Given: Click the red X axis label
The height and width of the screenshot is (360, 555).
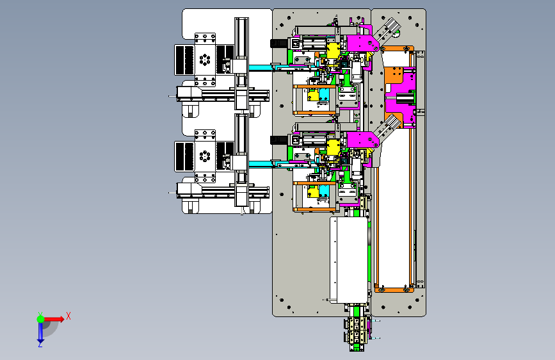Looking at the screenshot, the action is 68,316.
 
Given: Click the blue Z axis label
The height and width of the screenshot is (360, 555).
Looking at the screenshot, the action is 40,344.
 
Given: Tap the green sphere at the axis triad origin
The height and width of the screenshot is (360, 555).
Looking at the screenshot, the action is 41,319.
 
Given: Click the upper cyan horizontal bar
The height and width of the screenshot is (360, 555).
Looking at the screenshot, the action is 261,68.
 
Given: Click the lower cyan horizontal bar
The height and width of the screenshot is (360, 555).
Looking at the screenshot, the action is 261,164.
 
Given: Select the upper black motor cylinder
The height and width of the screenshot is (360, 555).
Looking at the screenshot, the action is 278,43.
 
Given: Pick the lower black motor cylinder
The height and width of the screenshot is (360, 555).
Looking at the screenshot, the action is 278,140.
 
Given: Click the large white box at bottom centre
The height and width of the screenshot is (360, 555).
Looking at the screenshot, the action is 349,260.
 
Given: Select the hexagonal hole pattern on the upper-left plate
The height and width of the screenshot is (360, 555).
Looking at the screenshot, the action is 205,60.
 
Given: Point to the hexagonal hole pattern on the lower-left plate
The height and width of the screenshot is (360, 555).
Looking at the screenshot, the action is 205,156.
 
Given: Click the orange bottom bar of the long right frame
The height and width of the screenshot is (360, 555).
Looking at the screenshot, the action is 394,290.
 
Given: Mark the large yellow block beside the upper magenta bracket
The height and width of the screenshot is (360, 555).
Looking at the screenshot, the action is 333,51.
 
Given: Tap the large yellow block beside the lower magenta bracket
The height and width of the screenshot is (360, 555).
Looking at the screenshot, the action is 333,147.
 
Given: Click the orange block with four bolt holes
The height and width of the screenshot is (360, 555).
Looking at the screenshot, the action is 394,76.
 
